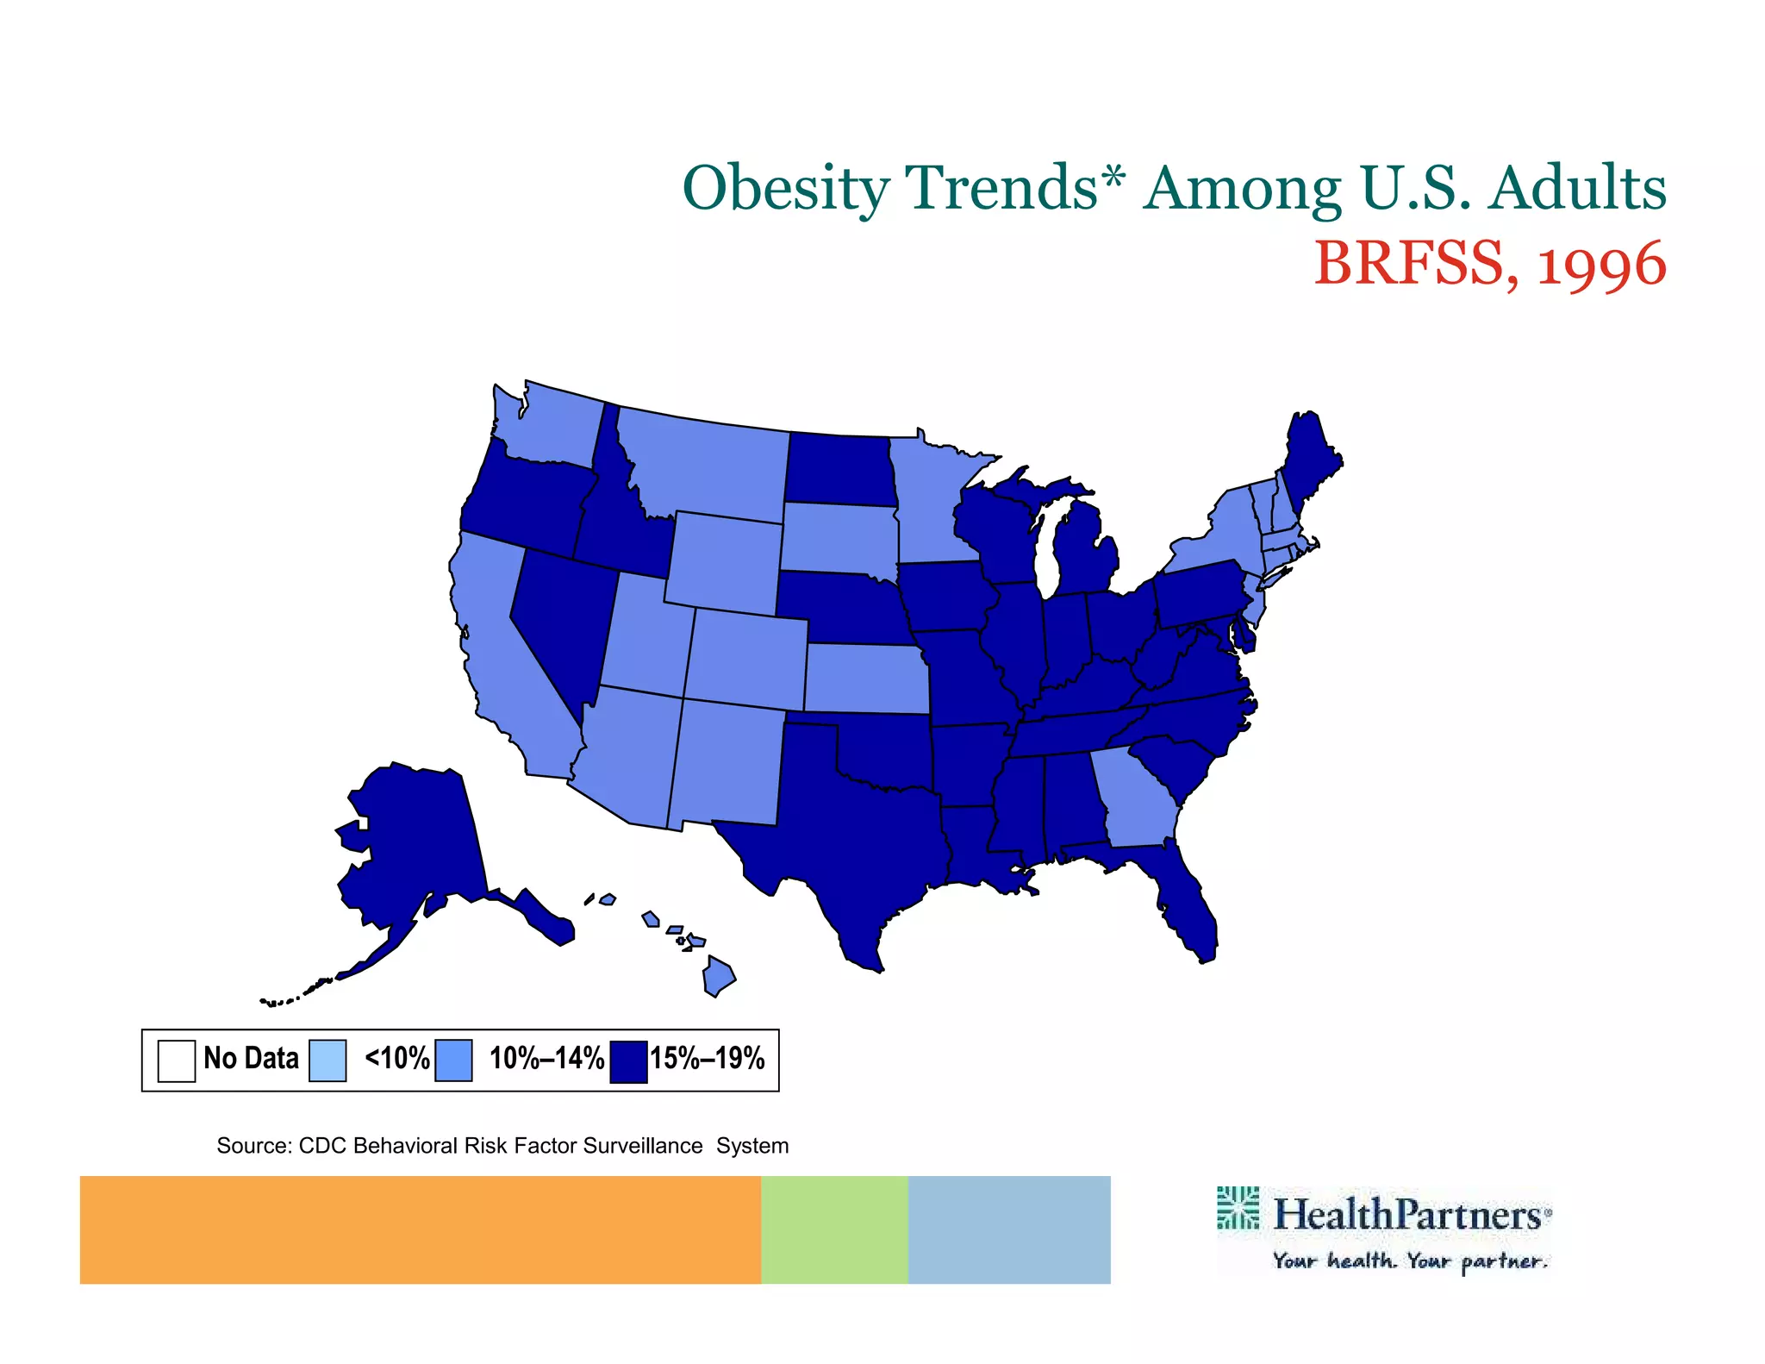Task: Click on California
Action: [500, 655]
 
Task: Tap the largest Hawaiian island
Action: [718, 976]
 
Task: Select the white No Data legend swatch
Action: [177, 1060]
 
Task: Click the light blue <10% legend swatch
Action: [327, 1060]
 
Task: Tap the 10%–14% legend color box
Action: [453, 1060]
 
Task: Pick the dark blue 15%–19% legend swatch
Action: [628, 1061]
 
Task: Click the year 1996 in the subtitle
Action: [1602, 264]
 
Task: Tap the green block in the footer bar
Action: [834, 1229]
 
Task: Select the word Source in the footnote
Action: [253, 1146]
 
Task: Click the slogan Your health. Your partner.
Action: [1410, 1261]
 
